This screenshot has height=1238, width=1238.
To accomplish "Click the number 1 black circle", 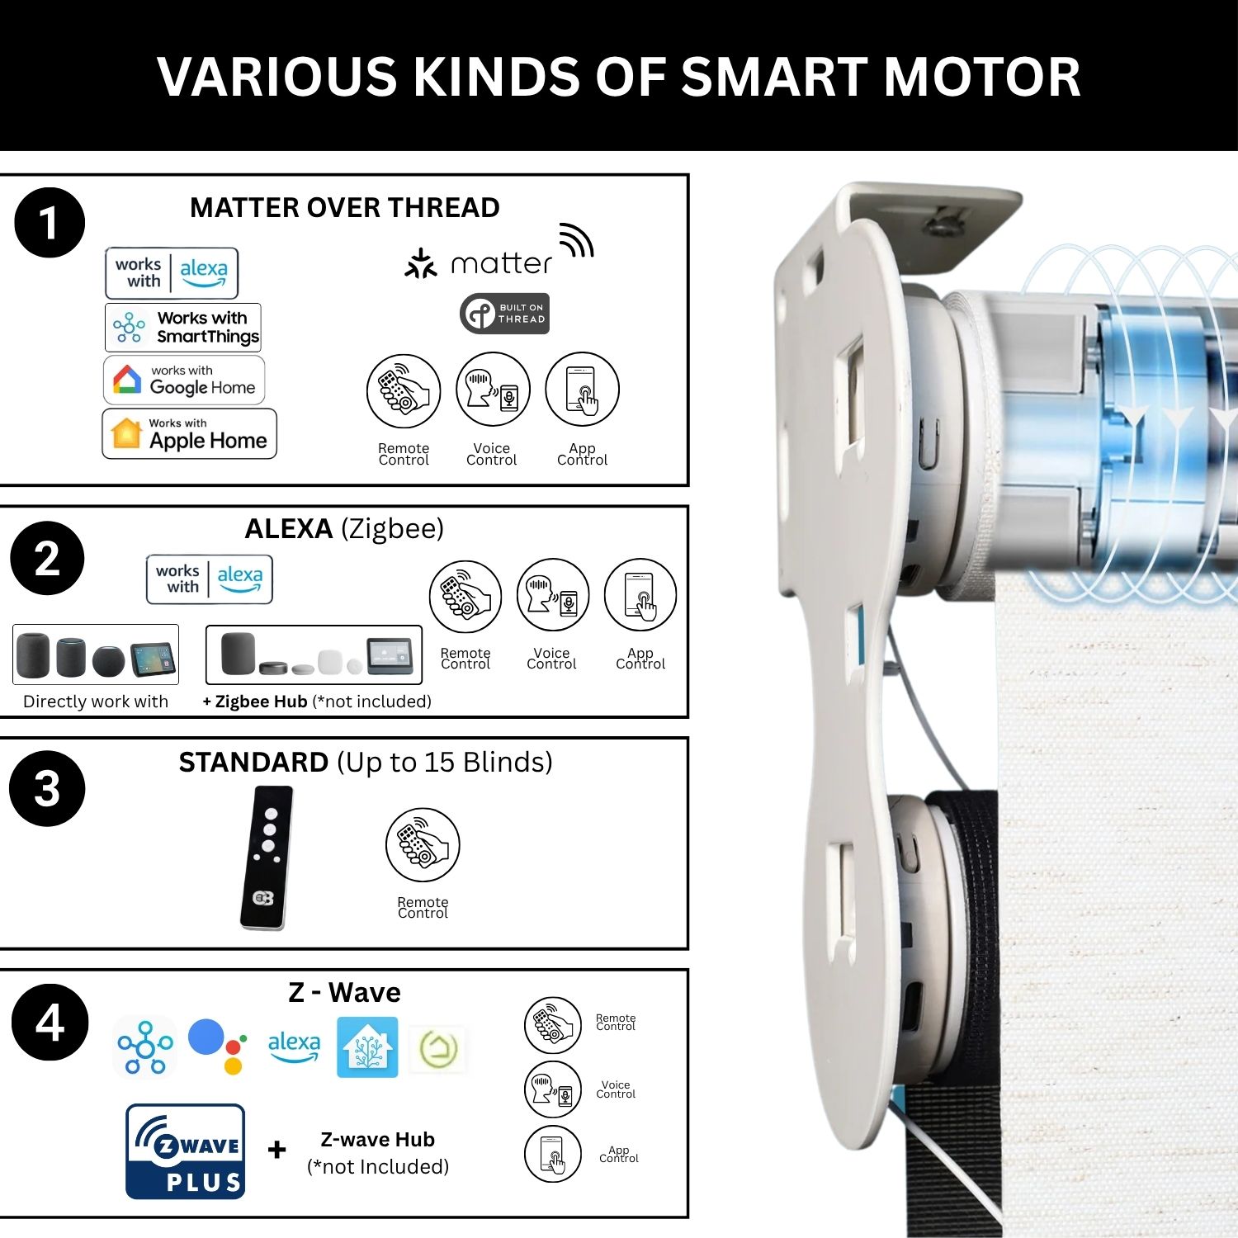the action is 50,223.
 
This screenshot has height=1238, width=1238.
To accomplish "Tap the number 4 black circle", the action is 50,1023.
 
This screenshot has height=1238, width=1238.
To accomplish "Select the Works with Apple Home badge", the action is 189,433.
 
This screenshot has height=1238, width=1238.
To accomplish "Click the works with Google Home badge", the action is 184,380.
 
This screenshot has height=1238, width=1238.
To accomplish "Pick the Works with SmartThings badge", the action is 183,327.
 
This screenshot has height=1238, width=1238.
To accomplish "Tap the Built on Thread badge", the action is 504,314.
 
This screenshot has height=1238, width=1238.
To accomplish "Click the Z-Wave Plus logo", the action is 186,1151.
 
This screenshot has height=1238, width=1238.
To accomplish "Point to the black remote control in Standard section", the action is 267,858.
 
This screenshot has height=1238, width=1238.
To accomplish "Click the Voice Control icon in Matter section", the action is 493,389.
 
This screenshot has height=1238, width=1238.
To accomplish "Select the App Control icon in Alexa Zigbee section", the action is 640,595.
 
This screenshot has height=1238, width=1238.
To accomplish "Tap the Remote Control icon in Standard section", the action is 423,844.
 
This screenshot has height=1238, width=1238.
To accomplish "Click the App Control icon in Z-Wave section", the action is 553,1154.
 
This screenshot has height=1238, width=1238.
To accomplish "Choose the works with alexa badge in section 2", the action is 210,579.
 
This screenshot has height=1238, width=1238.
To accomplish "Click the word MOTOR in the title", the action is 982,77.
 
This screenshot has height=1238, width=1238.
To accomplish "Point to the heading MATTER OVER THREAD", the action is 345,207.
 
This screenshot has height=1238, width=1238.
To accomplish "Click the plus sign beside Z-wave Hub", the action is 277,1149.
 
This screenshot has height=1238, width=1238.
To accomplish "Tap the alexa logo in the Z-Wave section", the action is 295,1046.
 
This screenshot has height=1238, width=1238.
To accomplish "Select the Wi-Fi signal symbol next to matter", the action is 578,240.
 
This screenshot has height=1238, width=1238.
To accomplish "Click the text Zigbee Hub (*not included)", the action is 317,702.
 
